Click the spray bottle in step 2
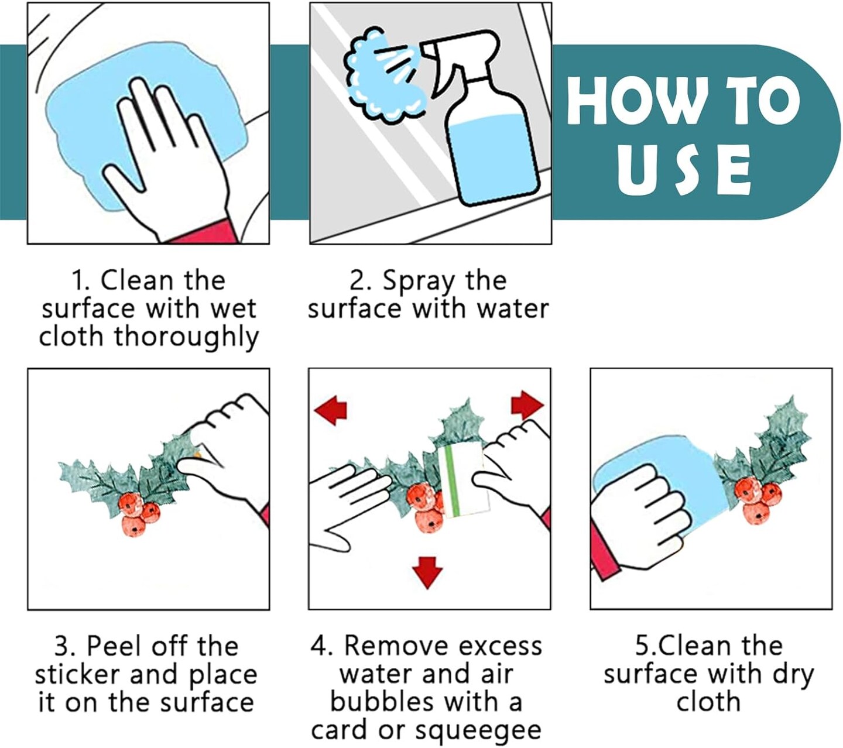tap(482, 119)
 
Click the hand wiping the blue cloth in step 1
tap(166, 158)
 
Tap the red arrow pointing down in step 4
tap(428, 572)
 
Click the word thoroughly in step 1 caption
tap(186, 337)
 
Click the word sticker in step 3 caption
tap(78, 675)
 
